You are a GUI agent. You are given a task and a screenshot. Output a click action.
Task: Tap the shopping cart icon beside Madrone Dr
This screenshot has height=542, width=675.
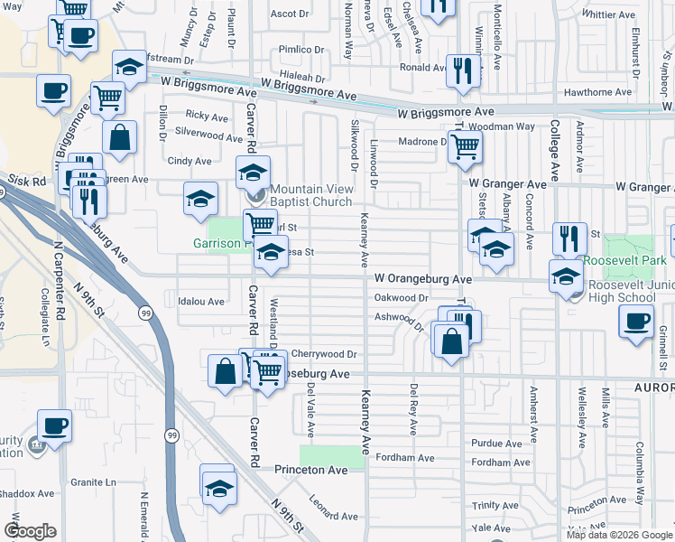[x=464, y=145]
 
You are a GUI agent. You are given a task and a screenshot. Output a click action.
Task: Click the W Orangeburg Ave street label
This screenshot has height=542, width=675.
[x=423, y=279]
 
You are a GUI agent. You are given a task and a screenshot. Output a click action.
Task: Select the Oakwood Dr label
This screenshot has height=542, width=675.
[x=401, y=297]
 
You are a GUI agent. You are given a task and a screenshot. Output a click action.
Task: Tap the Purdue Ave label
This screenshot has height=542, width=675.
[x=496, y=444]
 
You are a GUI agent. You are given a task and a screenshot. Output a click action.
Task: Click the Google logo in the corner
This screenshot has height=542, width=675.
[x=30, y=531]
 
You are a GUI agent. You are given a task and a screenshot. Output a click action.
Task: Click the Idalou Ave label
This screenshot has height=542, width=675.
[x=200, y=301]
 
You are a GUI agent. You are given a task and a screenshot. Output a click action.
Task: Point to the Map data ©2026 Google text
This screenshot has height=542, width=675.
[x=618, y=535]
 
